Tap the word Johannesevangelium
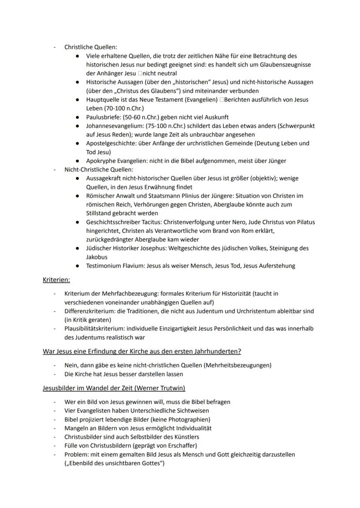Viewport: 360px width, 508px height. pyautogui.click(x=113, y=126)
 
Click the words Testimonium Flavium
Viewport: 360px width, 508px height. pyautogui.click(x=113, y=266)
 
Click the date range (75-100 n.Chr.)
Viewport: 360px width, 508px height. pyautogui.click(x=167, y=126)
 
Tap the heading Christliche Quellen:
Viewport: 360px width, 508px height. pyautogui.click(x=90, y=47)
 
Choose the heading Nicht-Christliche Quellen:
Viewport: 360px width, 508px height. pyautogui.click(x=99, y=169)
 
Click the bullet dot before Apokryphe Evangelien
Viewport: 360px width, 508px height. pyautogui.click(x=77, y=161)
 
